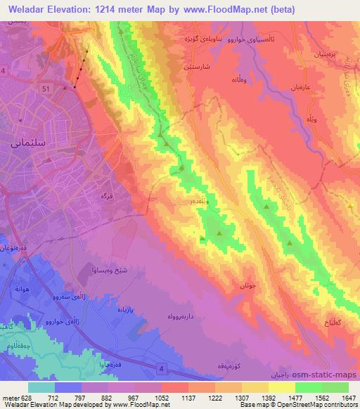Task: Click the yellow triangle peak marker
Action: click(350, 205)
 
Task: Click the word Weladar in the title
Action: click(27, 8)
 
